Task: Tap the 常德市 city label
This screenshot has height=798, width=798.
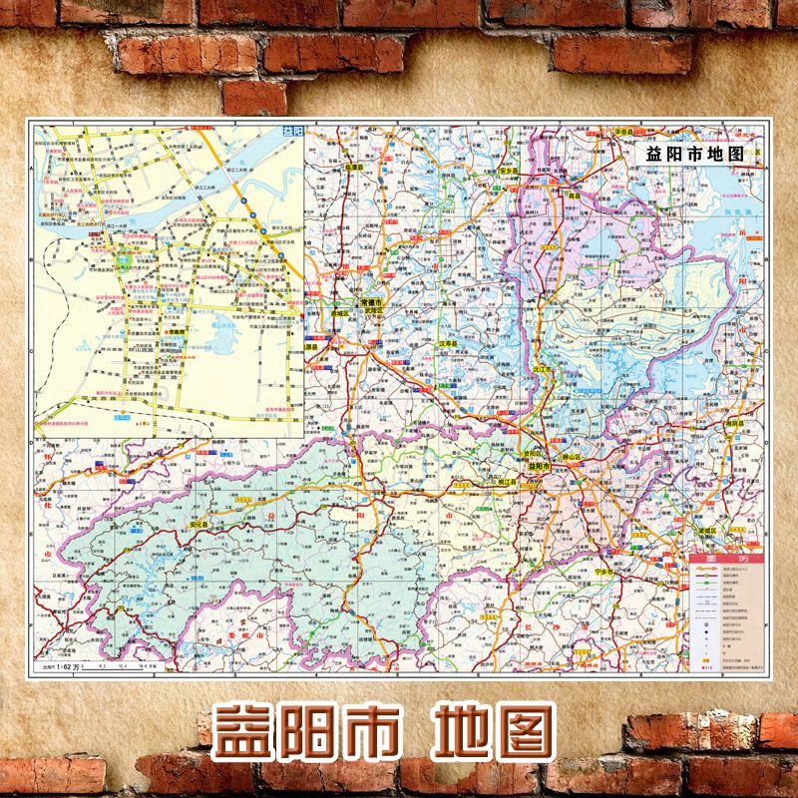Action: [372, 301]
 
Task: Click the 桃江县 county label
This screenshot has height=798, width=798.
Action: [507, 481]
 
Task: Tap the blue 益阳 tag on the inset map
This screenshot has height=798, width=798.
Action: [291, 132]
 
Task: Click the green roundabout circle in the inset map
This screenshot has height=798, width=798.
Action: [125, 263]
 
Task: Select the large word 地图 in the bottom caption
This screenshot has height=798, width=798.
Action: [493, 732]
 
